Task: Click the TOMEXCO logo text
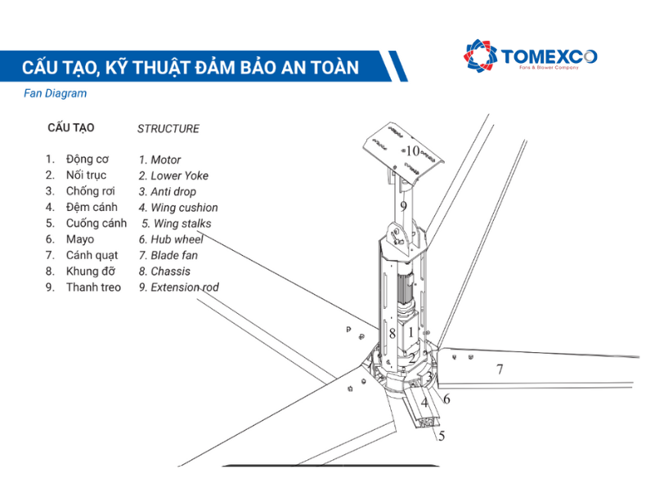(x=548, y=56)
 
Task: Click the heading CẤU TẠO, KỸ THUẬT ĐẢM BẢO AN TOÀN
(x=190, y=67)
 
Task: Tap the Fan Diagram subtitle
(x=56, y=93)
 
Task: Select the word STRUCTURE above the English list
(x=168, y=128)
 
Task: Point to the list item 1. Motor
(x=159, y=160)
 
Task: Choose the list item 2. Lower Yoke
(x=173, y=176)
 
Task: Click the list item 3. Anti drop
(x=167, y=192)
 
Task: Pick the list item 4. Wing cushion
(x=177, y=208)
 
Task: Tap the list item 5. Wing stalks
(x=176, y=223)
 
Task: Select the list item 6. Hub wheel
(x=171, y=239)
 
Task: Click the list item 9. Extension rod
(x=178, y=287)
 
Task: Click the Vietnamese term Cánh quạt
(x=92, y=255)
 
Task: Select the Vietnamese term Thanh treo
(x=93, y=287)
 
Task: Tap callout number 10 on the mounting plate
(x=412, y=151)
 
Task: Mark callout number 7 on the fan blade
(x=499, y=369)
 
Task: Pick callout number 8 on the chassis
(x=393, y=333)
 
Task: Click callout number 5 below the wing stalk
(x=442, y=436)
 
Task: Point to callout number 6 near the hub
(x=446, y=399)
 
